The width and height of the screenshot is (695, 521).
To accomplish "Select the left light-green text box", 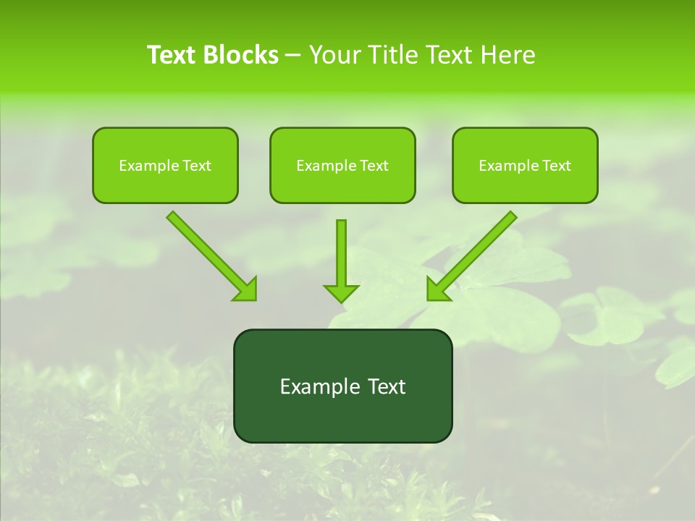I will pos(165,165).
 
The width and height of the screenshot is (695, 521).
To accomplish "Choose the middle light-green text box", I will pos(342,165).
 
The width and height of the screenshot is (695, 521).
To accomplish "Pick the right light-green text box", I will pos(525,165).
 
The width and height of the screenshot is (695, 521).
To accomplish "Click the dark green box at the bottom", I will pos(342,386).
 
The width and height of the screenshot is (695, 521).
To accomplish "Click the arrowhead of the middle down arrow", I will pos(341,292).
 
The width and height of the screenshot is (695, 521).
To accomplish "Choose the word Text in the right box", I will pos(557,166).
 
